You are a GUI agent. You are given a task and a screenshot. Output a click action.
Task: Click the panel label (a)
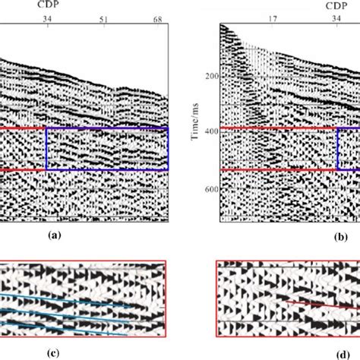(54, 236)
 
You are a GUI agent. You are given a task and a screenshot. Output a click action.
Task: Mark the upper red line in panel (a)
(23, 128)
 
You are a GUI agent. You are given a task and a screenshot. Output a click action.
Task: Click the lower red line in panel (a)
(23, 169)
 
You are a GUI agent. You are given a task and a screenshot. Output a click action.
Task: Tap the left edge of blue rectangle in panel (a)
(46, 149)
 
